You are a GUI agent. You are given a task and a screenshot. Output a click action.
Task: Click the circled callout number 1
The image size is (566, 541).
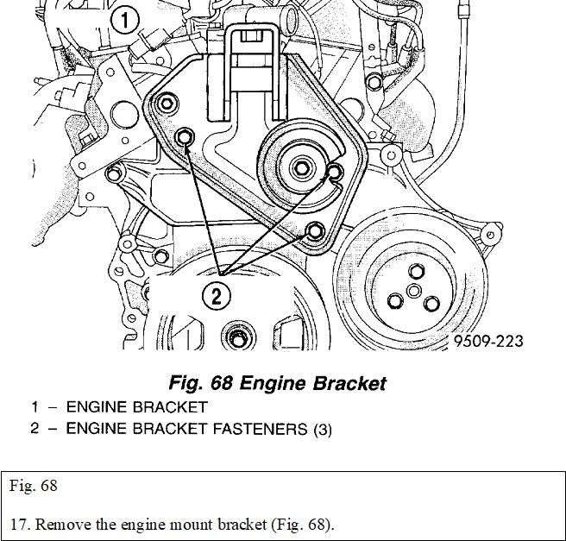click(x=126, y=20)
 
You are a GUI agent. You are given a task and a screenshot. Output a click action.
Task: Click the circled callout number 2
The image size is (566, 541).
click(x=217, y=296)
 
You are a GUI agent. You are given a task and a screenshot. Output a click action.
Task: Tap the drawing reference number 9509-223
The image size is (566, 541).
click(x=488, y=341)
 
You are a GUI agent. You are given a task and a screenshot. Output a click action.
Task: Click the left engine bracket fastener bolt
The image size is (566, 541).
click(x=184, y=139)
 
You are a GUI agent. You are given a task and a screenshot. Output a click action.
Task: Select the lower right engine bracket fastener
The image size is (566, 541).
click(x=315, y=230)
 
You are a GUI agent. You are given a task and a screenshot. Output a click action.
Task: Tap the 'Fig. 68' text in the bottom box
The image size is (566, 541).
click(x=34, y=486)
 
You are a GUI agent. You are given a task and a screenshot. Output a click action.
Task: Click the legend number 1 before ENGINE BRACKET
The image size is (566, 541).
click(x=35, y=406)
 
